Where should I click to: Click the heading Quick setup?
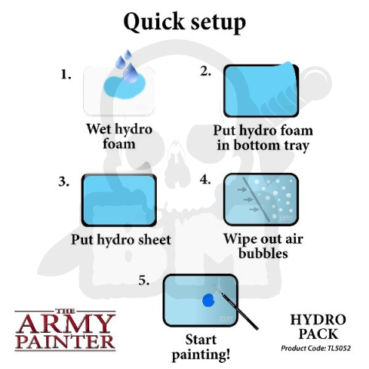point(184,22)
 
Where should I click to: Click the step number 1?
point(66,75)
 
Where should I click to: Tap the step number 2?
point(205,71)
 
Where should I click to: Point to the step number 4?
point(205,182)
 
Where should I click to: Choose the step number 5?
point(145,281)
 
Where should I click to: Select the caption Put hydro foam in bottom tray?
point(264,138)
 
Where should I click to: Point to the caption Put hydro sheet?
point(121,239)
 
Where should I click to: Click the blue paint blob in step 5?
point(208,301)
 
